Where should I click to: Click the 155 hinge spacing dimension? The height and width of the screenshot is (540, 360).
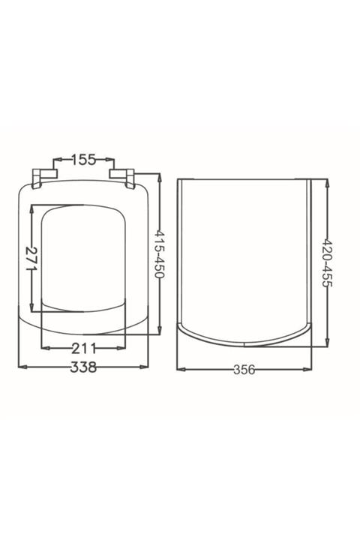coord(83,160)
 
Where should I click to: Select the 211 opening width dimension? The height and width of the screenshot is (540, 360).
coord(84,349)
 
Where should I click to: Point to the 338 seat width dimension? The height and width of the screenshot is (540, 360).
coord(83,367)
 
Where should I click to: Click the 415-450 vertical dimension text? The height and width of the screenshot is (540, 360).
coord(159,254)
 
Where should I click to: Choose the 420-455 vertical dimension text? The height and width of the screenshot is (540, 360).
coord(326,263)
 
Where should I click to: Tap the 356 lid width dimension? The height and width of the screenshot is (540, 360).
coord(244,370)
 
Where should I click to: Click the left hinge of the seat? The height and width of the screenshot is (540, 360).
coord(42,178)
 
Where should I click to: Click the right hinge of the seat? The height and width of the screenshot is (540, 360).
coord(122,178)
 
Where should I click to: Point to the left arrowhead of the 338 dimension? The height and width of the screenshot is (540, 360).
coord(22,367)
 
